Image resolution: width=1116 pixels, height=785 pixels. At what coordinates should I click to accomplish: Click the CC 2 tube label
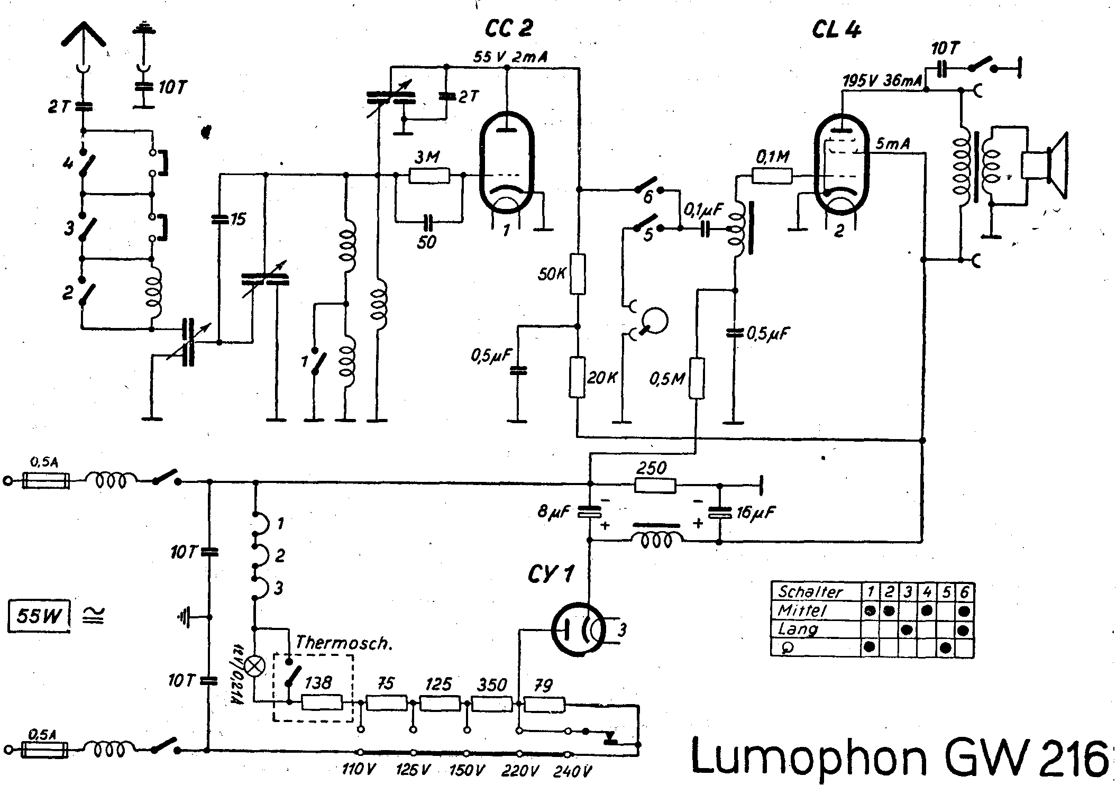click(508, 29)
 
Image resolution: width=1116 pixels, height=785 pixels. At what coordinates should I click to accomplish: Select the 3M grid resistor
click(429, 175)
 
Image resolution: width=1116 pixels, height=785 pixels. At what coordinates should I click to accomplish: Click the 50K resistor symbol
click(578, 274)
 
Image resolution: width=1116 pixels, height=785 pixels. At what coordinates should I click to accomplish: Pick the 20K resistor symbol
click(578, 377)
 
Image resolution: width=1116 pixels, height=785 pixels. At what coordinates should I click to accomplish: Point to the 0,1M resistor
click(772, 176)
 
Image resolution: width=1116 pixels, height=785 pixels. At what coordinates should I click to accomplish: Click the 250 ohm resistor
click(655, 485)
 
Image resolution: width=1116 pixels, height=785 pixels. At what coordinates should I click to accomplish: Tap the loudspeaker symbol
click(1045, 166)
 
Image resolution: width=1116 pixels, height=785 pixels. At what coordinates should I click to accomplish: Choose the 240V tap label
click(572, 771)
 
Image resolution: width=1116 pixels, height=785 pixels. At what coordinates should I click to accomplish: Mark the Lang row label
click(798, 629)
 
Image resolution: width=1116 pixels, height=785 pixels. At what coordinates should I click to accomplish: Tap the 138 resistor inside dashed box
click(322, 702)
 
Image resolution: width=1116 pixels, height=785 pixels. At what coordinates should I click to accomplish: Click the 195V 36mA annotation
click(883, 80)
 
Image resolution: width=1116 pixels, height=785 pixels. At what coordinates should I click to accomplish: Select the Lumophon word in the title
click(809, 756)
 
